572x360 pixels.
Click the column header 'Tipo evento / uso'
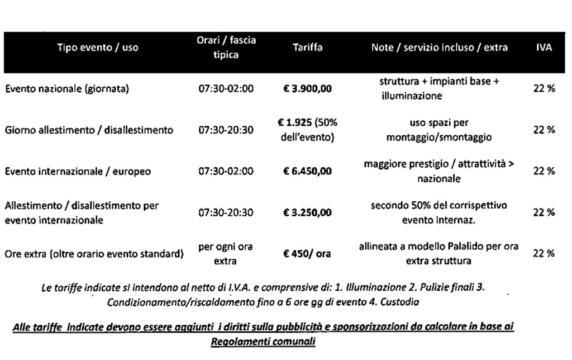coord(98,48)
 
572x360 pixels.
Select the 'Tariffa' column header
coord(307,48)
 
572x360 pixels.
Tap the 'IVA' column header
coord(544,48)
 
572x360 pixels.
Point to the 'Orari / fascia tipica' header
coord(226,48)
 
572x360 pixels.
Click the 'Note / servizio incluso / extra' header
coord(439,48)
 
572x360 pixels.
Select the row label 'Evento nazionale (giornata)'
coord(68,89)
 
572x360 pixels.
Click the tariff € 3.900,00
coord(307,89)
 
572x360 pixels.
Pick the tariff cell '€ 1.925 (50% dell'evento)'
coord(307,130)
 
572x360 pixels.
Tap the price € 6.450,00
coord(307,171)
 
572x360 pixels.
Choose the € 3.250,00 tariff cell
coord(307,212)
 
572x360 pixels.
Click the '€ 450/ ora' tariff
coord(307,254)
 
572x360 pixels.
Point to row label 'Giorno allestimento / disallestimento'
coord(89,130)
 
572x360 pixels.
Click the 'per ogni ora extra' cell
coord(226,254)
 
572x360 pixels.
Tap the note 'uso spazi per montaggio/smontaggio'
coord(439,130)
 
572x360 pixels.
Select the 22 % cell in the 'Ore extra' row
coord(544,254)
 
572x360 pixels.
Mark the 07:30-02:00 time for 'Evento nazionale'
coord(226,89)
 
